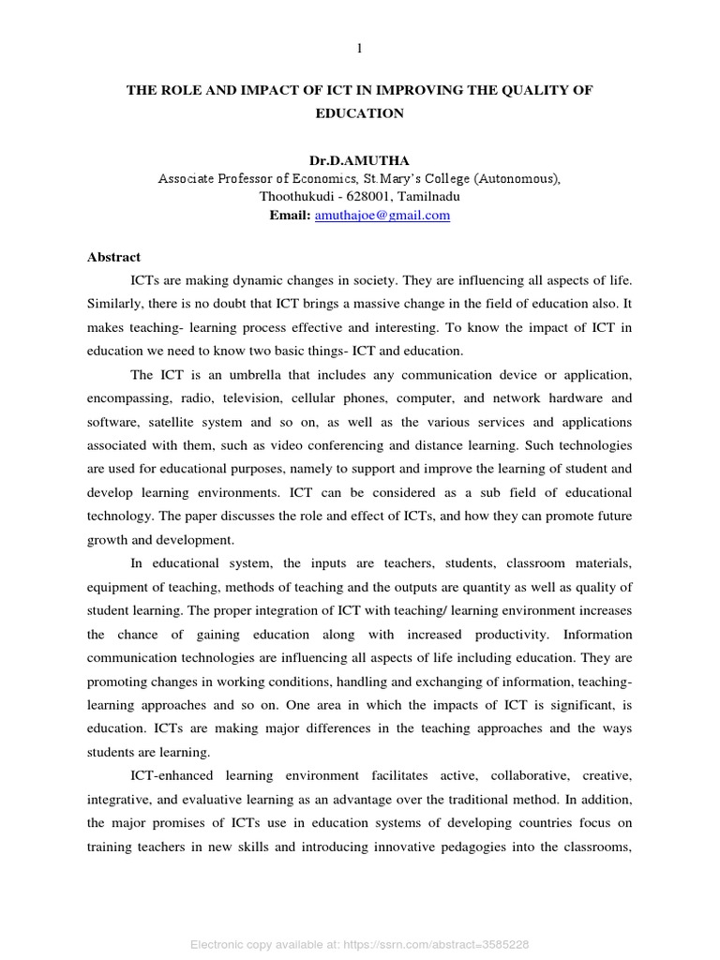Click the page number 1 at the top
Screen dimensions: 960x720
358,49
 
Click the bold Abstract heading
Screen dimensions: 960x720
113,257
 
